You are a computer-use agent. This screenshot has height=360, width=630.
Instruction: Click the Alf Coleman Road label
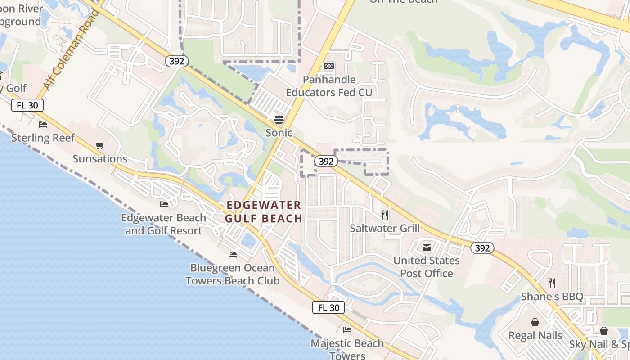72,50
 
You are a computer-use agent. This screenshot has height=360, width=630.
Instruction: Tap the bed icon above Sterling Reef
43,124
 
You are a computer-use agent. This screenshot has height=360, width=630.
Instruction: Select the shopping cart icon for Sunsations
100,145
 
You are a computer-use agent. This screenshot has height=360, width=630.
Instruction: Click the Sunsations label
100,159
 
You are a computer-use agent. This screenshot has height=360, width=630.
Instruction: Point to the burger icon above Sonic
279,119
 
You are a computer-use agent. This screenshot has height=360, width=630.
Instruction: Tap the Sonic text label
279,133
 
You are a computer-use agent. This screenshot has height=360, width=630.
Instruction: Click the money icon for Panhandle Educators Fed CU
329,66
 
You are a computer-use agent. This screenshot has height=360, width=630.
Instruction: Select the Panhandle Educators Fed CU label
329,86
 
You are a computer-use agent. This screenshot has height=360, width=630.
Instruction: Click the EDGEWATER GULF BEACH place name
264,212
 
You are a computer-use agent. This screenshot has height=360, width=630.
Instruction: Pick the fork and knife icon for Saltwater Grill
385,215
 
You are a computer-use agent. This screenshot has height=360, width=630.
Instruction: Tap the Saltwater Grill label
385,228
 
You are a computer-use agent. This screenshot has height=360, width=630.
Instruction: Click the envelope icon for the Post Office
426,247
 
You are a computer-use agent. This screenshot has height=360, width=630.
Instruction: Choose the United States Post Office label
427,267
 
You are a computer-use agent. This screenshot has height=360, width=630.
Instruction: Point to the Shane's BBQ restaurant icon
552,283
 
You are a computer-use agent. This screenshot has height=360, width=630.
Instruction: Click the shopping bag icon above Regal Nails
535,322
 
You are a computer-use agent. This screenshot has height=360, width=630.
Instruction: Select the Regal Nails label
535,336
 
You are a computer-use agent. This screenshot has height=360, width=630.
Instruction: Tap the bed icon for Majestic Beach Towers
347,330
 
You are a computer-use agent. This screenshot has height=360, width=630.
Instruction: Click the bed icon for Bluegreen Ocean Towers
233,254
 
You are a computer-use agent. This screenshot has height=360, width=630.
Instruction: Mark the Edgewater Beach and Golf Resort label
164,224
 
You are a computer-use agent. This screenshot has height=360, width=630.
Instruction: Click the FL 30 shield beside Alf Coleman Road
27,105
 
